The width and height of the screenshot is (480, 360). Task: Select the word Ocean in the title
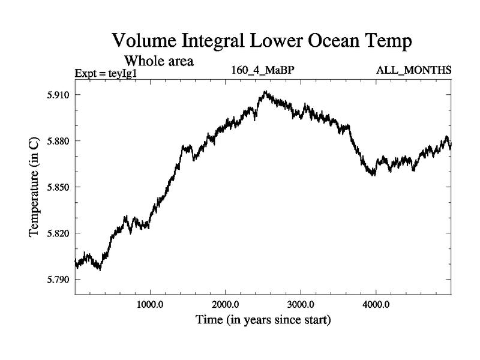326,42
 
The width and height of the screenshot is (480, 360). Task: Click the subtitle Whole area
158,61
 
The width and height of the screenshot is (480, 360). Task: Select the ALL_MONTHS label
413,70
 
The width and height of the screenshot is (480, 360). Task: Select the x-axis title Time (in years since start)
263,320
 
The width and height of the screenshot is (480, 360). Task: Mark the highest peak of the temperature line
265,92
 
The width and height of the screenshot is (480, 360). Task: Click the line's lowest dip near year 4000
373,175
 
